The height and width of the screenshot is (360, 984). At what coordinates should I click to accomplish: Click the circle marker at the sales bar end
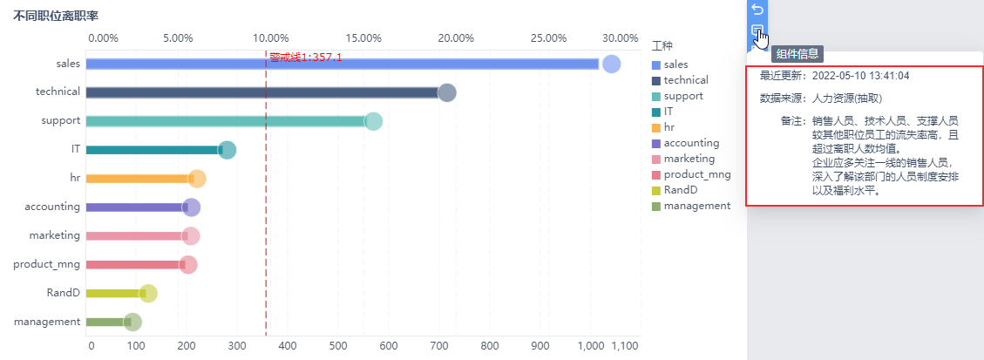click(611, 64)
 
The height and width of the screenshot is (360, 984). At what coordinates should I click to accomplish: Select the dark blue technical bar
click(261, 92)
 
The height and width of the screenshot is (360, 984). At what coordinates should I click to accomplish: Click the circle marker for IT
click(227, 150)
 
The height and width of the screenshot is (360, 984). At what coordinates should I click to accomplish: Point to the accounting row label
click(52, 207)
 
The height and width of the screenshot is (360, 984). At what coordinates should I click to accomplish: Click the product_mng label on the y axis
click(47, 264)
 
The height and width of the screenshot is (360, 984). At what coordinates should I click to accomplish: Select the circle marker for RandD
click(148, 293)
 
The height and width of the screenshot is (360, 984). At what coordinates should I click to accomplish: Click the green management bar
click(105, 322)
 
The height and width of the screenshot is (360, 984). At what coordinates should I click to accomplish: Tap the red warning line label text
click(305, 58)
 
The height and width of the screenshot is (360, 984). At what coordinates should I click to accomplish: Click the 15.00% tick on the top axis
click(363, 38)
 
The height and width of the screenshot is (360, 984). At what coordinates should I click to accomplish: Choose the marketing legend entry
click(689, 159)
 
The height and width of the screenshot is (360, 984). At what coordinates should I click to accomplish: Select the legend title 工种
click(662, 45)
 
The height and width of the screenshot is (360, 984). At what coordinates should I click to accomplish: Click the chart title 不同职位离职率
click(54, 17)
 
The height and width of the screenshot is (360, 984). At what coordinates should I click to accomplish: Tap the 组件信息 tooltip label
click(797, 54)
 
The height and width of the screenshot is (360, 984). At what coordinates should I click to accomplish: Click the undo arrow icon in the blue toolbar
click(757, 10)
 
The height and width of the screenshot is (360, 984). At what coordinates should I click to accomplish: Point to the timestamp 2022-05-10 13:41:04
click(860, 76)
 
